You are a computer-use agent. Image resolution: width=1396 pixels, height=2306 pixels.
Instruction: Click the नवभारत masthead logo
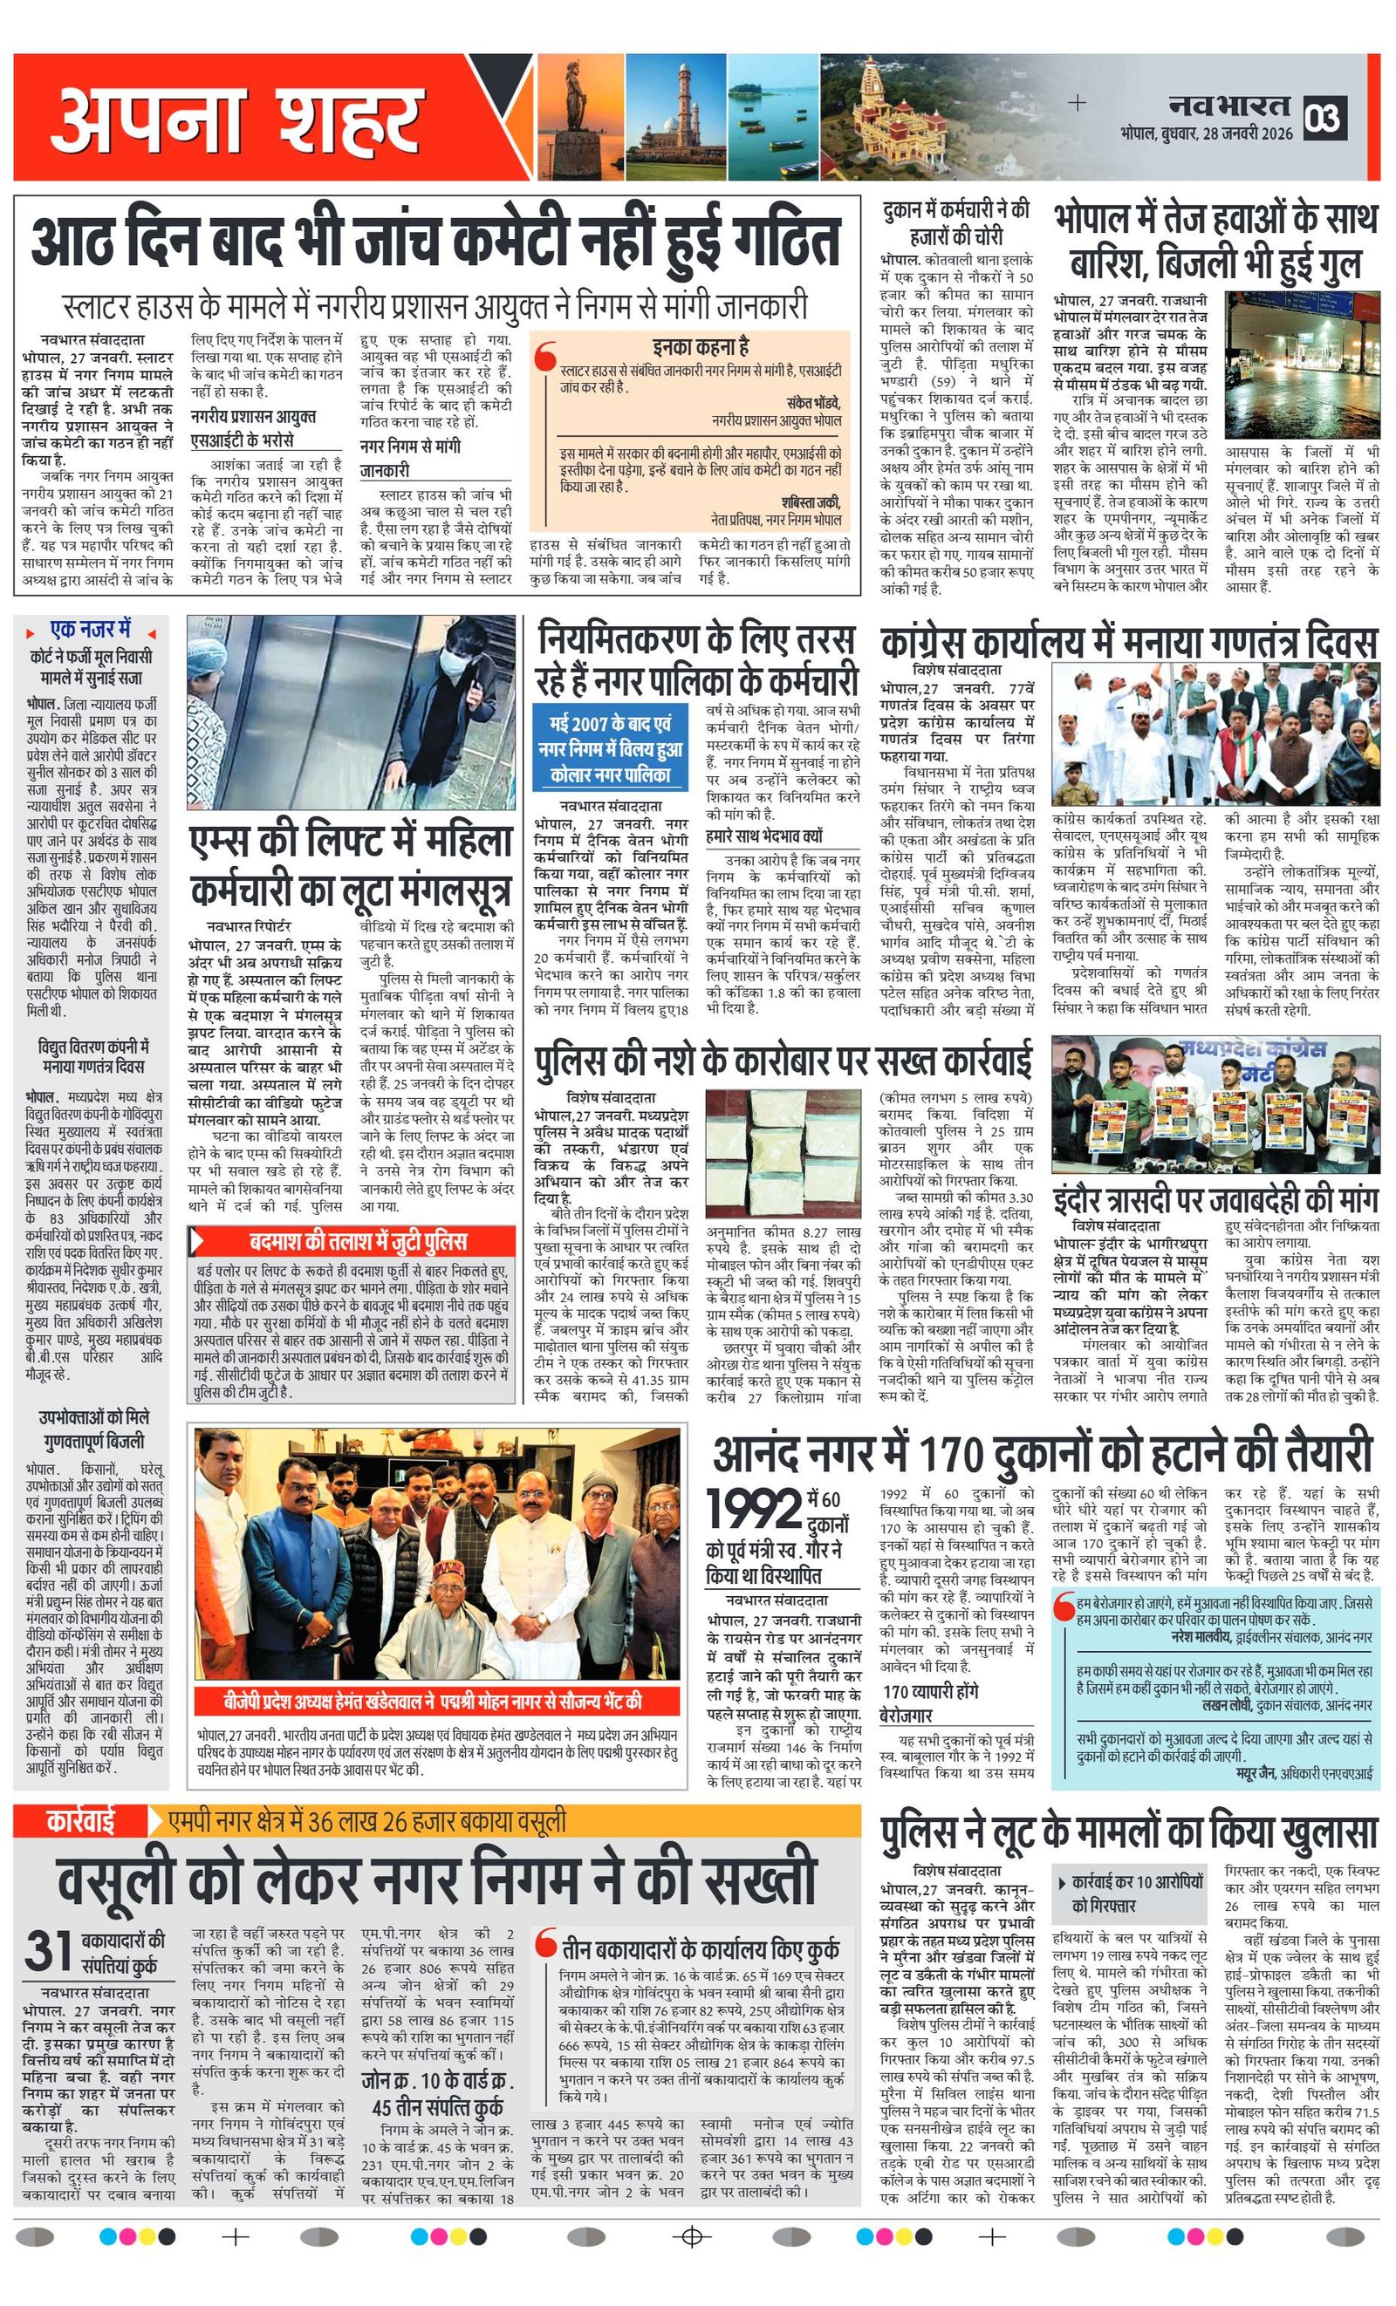[x=1229, y=105]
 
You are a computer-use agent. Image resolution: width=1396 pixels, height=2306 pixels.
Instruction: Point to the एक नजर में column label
[x=90, y=628]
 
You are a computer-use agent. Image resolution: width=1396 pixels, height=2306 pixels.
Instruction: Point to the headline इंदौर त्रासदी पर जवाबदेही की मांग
[x=1215, y=1199]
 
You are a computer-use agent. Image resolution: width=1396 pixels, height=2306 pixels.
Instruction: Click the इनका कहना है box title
[x=701, y=347]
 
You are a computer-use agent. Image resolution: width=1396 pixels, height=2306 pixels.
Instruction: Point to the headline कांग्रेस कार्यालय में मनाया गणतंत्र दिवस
[x=1128, y=643]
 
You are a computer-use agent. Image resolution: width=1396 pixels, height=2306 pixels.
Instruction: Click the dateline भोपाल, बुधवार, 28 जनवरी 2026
[x=1206, y=133]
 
